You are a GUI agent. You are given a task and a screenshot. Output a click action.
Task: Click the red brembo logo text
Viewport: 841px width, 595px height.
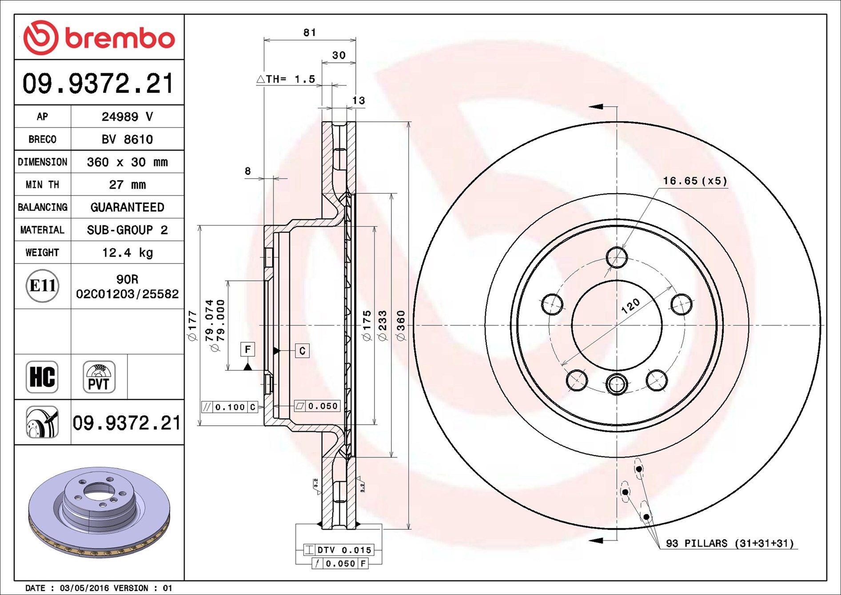pyautogui.click(x=120, y=39)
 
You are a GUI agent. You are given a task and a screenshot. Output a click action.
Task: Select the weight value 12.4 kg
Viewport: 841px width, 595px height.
pyautogui.click(x=127, y=252)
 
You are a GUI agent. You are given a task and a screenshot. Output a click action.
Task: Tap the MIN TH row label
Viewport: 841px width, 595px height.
pyautogui.click(x=42, y=184)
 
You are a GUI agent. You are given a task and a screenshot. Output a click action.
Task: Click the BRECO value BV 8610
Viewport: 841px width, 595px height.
pyautogui.click(x=127, y=140)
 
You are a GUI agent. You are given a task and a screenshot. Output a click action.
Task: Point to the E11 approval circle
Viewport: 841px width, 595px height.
pyautogui.click(x=42, y=286)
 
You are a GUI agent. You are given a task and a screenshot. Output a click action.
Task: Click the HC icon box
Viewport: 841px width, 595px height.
pyautogui.click(x=42, y=377)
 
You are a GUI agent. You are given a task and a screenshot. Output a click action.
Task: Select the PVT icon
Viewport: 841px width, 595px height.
pyautogui.click(x=99, y=377)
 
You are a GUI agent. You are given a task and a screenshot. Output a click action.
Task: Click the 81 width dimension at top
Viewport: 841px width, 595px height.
pyautogui.click(x=310, y=32)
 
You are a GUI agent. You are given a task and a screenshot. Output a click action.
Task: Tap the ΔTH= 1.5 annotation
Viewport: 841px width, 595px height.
pyautogui.click(x=287, y=79)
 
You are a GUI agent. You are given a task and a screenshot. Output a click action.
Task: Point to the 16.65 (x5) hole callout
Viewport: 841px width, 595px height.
pyautogui.click(x=695, y=181)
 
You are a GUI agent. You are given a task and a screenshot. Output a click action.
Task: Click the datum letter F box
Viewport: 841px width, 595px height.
pyautogui.click(x=247, y=349)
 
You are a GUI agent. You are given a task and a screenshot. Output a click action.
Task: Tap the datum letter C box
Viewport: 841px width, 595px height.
pyautogui.click(x=302, y=351)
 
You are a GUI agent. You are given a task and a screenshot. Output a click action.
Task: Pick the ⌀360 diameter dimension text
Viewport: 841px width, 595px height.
pyautogui.click(x=401, y=325)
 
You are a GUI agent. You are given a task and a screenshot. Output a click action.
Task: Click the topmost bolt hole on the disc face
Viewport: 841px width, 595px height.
pyautogui.click(x=617, y=257)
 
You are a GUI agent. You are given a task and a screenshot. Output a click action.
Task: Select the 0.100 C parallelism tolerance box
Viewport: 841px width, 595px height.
pyautogui.click(x=230, y=407)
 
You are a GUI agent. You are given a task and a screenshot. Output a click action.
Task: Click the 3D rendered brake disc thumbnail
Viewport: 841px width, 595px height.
pyautogui.click(x=99, y=511)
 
